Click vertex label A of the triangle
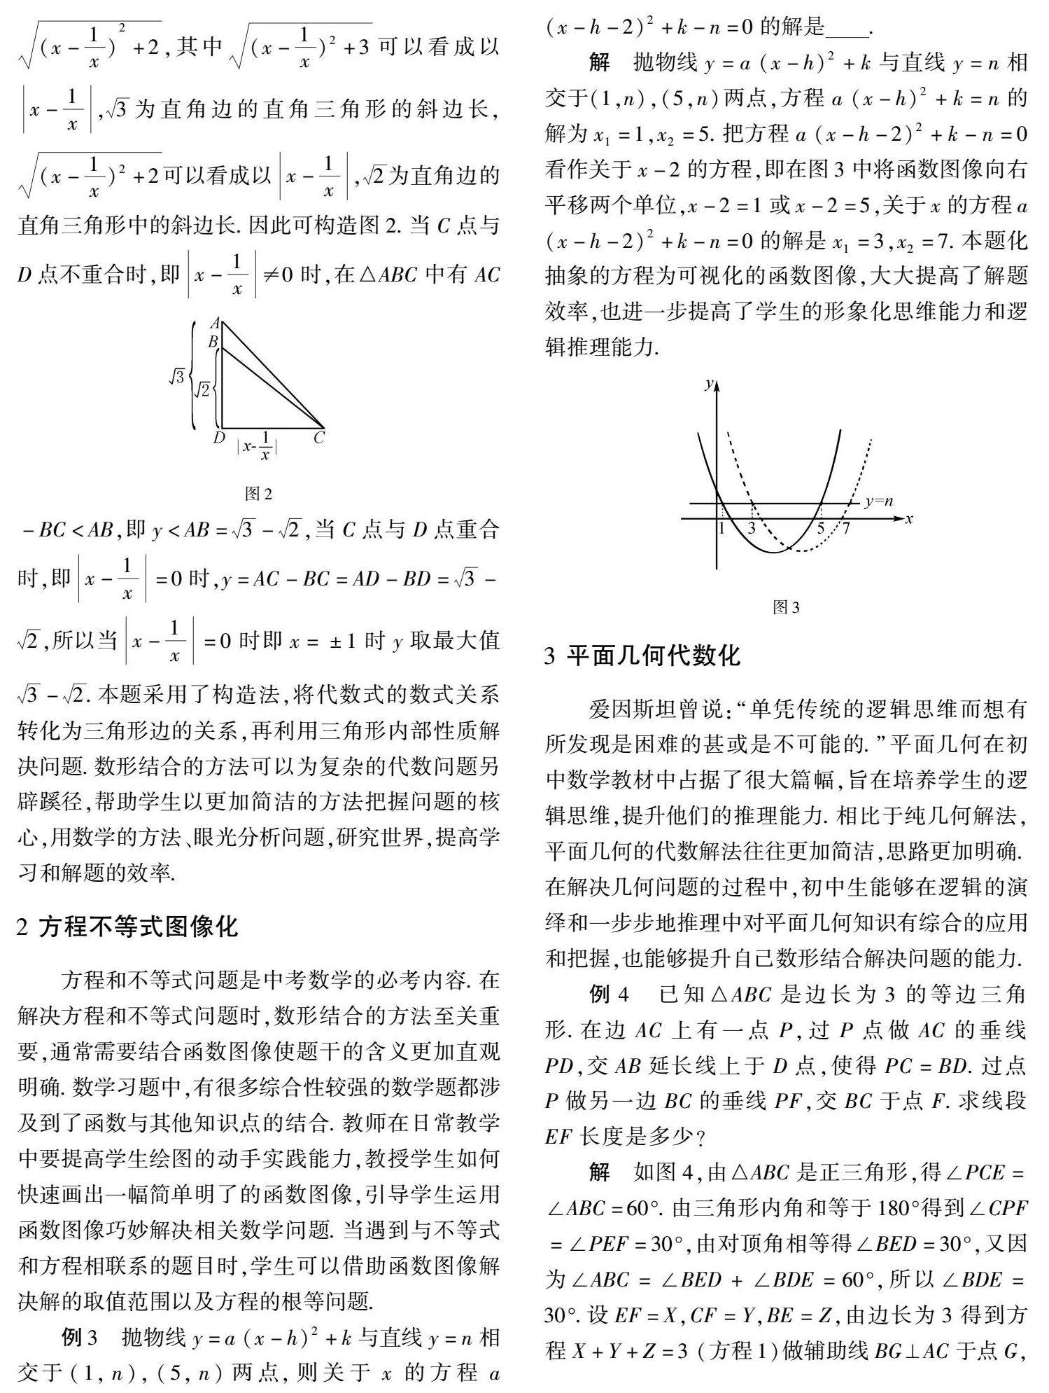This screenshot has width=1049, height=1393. (216, 324)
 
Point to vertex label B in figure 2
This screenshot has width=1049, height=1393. (213, 342)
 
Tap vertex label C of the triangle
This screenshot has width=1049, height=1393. (319, 438)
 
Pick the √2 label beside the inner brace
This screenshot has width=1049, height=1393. (201, 389)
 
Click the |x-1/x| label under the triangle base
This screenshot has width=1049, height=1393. (257, 447)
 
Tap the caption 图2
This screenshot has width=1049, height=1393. (258, 494)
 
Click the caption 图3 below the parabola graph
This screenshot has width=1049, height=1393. (786, 607)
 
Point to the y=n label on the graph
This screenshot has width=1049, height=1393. (879, 501)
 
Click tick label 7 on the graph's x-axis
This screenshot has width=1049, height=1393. (845, 529)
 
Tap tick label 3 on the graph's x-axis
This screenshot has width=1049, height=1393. (752, 529)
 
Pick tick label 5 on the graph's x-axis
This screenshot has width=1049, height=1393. (820, 529)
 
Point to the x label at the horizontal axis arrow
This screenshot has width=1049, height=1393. (909, 519)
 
